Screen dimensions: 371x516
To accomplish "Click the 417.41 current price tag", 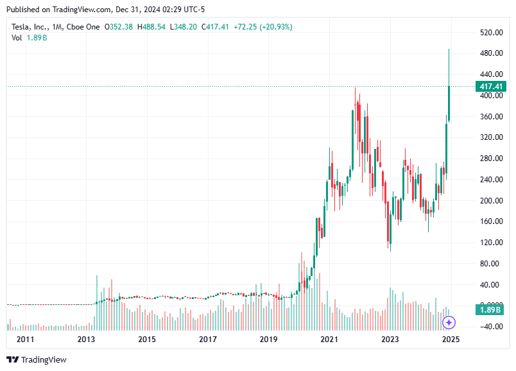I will [x=490, y=86].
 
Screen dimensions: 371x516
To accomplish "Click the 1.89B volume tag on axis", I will [x=490, y=310].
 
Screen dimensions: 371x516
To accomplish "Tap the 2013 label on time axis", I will [x=86, y=339].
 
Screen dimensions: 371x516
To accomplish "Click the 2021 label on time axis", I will [x=329, y=339].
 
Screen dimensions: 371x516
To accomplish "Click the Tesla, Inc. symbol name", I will [x=30, y=27].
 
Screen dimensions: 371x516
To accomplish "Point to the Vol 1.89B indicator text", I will [x=29, y=38].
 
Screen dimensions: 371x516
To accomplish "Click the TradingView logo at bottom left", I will [x=37, y=359].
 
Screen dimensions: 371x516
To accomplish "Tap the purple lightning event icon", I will [x=449, y=322].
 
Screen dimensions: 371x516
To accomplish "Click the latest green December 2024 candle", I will [x=449, y=103].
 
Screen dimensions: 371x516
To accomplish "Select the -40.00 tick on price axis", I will [x=491, y=326].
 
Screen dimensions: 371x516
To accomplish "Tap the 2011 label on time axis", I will [x=25, y=339].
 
